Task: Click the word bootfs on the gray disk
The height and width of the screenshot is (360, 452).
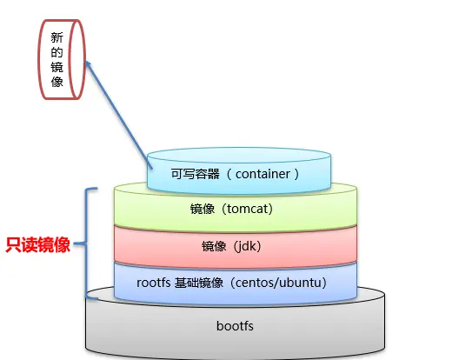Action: coord(236,326)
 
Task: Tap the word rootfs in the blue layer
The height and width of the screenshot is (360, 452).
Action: coord(154,282)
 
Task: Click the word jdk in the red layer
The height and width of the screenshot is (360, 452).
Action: coord(249,245)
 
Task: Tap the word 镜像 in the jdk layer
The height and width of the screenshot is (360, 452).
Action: coord(205,245)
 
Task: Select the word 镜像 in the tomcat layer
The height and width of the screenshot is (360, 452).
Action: coord(203,209)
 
